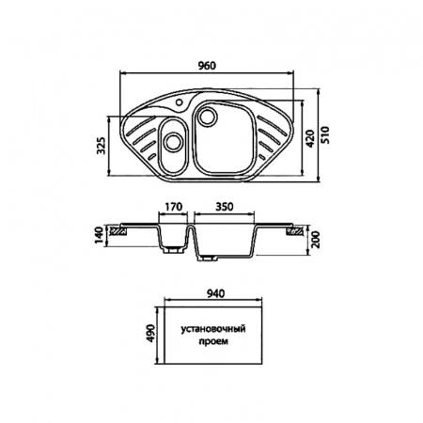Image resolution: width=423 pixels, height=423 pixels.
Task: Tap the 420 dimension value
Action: (x=308, y=141)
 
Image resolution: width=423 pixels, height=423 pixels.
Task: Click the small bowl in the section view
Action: (x=171, y=237)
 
